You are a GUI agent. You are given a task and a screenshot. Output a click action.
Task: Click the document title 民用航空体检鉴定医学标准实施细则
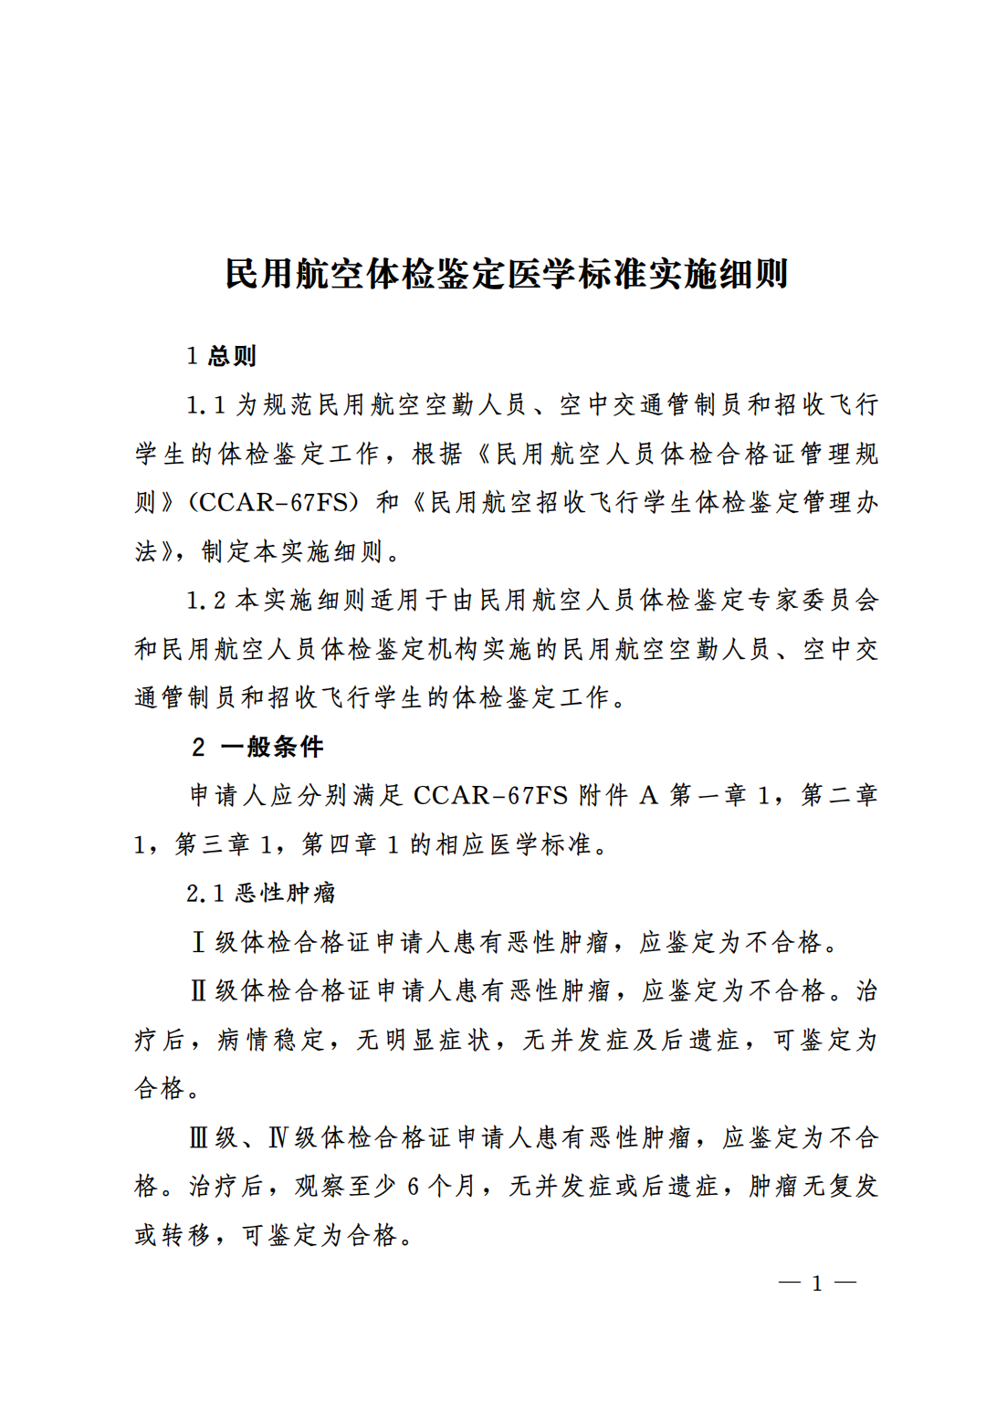[506, 273]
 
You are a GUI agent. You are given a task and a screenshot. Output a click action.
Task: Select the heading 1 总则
[221, 356]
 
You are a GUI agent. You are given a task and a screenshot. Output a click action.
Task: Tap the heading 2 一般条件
[258, 747]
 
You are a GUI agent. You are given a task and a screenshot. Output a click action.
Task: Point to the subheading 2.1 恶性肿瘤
[261, 893]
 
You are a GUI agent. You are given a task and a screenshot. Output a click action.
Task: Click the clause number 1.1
[205, 405]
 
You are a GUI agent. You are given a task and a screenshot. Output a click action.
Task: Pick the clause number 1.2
[205, 601]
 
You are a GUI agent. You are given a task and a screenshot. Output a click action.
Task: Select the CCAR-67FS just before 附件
[490, 796]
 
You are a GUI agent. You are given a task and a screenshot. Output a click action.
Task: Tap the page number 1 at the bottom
[817, 1283]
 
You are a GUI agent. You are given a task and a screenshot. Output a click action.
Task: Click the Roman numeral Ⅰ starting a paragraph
[198, 942]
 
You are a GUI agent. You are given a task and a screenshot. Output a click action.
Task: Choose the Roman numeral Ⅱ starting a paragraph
[198, 990]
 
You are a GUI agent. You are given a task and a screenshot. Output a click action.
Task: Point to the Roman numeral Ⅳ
[278, 1137]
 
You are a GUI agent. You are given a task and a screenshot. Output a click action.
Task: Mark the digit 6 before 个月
[414, 1187]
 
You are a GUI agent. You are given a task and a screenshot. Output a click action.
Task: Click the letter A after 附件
[648, 796]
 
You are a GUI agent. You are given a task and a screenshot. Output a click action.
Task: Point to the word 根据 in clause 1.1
[438, 454]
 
